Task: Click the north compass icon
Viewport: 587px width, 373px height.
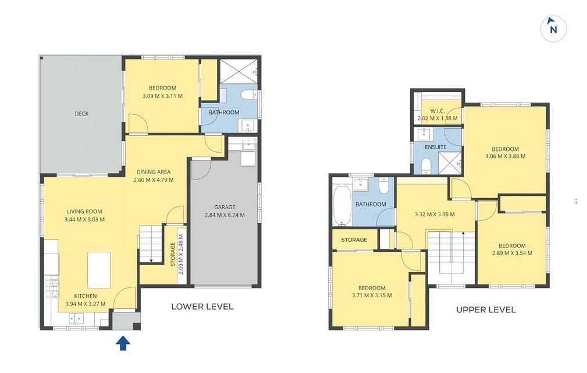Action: click(553, 29)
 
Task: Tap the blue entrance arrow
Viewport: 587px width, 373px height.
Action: click(123, 343)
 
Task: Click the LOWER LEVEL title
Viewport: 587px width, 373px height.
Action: click(202, 307)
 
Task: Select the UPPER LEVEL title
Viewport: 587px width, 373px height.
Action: click(486, 309)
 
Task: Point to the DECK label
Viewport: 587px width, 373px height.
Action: click(81, 114)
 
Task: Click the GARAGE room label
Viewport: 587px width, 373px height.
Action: click(225, 207)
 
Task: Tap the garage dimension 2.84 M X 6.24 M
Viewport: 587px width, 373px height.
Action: click(225, 215)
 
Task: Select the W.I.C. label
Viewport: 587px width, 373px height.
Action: click(437, 111)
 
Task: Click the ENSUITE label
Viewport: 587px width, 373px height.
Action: click(435, 147)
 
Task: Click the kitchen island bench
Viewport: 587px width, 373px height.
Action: click(99, 270)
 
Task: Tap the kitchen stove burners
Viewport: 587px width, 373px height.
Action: click(52, 288)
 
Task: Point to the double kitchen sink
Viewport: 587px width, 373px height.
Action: click(76, 319)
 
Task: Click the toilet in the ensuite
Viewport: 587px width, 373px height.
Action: click(426, 166)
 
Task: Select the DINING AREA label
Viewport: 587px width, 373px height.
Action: click(154, 172)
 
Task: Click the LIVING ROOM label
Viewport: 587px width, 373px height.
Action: click(84, 212)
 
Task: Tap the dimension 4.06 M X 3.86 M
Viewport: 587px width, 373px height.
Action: click(505, 156)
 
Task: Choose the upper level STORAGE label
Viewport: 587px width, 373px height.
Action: click(354, 240)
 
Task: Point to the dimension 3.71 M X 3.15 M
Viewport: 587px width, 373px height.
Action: click(372, 295)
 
